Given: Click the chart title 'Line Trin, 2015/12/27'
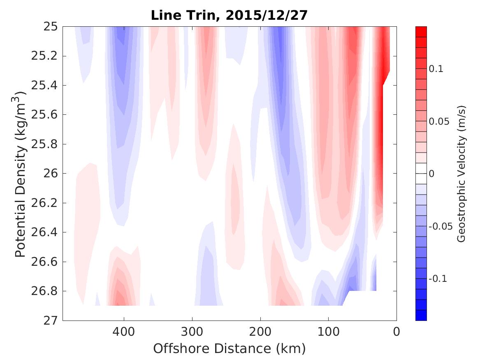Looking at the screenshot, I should pos(229,15).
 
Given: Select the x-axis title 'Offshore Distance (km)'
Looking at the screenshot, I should pos(229,349).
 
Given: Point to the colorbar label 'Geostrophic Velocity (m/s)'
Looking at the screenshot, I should pos(461,174).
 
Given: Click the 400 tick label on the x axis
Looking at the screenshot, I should pos(124,331).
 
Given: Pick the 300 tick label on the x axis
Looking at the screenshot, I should pos(192,331).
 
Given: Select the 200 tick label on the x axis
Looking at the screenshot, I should pos(260,331).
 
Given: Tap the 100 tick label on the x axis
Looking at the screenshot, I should pos(328,331).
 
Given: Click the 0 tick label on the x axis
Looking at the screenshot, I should pos(396,331).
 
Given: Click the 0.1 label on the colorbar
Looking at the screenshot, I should pos(436,69).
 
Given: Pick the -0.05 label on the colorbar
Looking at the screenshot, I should pos(440,227).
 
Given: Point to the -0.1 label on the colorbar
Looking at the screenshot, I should pos(437,279).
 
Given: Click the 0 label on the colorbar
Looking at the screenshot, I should pos(431,174).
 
